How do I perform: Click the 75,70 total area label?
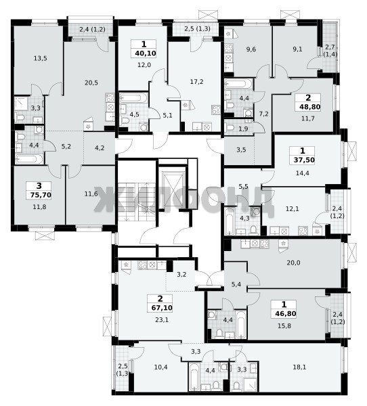point(41,195)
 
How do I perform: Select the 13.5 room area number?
point(41,58)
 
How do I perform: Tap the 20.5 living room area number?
point(91,83)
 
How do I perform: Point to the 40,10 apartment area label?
point(146,53)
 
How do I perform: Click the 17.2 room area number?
point(197,82)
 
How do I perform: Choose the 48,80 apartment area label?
point(309,107)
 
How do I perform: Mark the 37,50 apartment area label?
point(304,160)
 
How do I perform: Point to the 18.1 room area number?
point(299,367)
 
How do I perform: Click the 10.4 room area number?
point(160,367)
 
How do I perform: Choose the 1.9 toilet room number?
point(243,129)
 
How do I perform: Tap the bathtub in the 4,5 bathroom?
point(133,98)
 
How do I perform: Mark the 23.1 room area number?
point(162,320)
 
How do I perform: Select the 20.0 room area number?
point(293,263)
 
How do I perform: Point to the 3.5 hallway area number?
point(241,150)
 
